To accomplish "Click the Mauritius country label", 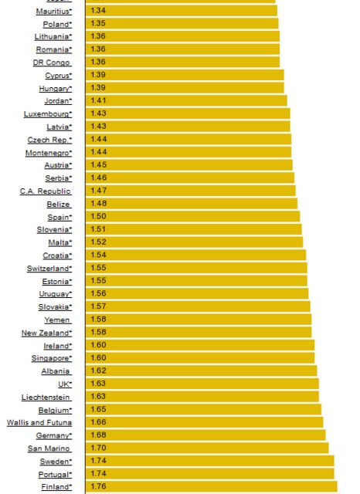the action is click(54, 12).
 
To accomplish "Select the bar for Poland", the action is click(182, 23).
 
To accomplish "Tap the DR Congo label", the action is click(52, 63).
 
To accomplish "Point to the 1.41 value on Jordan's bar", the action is click(98, 100).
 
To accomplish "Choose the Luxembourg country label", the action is click(48, 114).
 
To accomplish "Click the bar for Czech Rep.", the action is click(188, 139).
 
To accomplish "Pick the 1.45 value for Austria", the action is click(99, 164).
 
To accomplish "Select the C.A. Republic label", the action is click(46, 191).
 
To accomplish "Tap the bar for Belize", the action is click(192, 204).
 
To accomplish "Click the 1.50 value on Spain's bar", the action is click(98, 216).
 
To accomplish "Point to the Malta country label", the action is click(60, 242).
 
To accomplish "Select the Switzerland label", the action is click(49, 269).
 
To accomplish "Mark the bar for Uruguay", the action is click(197, 293).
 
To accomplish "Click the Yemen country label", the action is click(58, 320).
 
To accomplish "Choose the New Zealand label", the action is click(46, 333).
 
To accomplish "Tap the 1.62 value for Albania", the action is click(98, 370).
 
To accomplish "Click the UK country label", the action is click(65, 384).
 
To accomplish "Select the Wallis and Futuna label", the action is click(39, 423).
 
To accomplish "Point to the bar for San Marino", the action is click(207, 448).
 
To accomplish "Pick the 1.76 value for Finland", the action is click(98, 486).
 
